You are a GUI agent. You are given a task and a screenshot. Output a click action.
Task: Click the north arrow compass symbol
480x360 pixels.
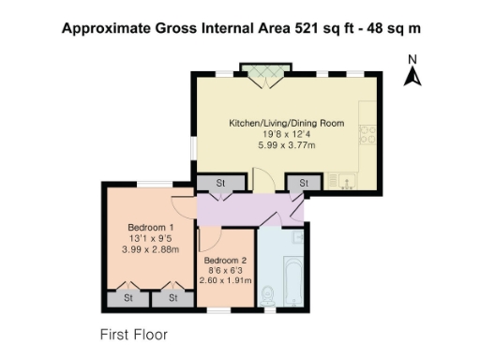coord(412,72)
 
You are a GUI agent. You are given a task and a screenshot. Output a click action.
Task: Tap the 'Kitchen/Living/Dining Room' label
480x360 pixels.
coord(287,123)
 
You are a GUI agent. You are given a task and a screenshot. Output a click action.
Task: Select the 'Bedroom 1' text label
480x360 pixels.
coord(151,228)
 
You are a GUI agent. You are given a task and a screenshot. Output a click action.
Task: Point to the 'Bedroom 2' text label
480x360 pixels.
coord(226,260)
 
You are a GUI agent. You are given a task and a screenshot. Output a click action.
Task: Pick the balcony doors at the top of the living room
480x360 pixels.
coord(268,72)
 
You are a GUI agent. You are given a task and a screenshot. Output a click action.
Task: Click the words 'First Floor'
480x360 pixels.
coord(133,333)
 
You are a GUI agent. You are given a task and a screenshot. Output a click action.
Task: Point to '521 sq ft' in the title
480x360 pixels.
coord(307,28)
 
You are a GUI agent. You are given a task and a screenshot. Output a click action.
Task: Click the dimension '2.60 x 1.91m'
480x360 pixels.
coord(226,281)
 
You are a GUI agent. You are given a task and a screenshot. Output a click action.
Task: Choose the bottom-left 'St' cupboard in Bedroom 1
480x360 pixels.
coord(127,298)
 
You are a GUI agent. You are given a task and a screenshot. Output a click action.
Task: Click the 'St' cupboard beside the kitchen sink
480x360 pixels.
coord(303,183)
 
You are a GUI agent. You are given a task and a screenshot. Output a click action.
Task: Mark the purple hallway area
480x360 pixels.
coord(244,209)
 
